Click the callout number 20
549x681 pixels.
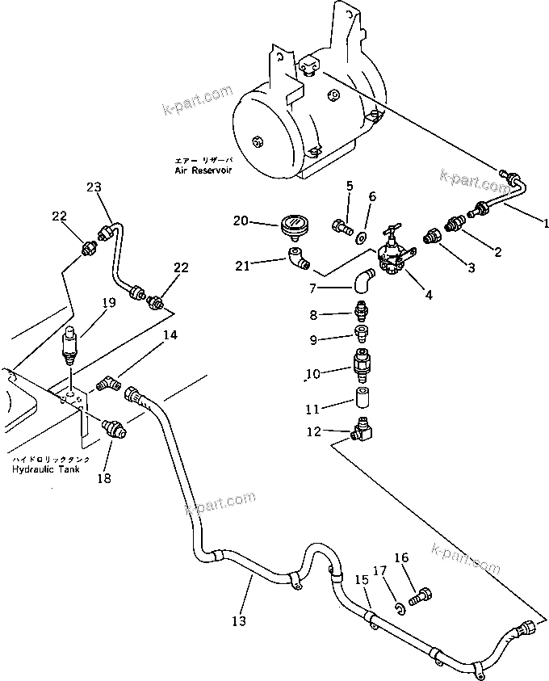[x=241, y=221]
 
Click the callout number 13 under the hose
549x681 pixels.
[x=238, y=620]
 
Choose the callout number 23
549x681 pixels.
[x=94, y=187]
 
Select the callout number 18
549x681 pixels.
[x=104, y=478]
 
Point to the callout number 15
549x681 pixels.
[x=362, y=579]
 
